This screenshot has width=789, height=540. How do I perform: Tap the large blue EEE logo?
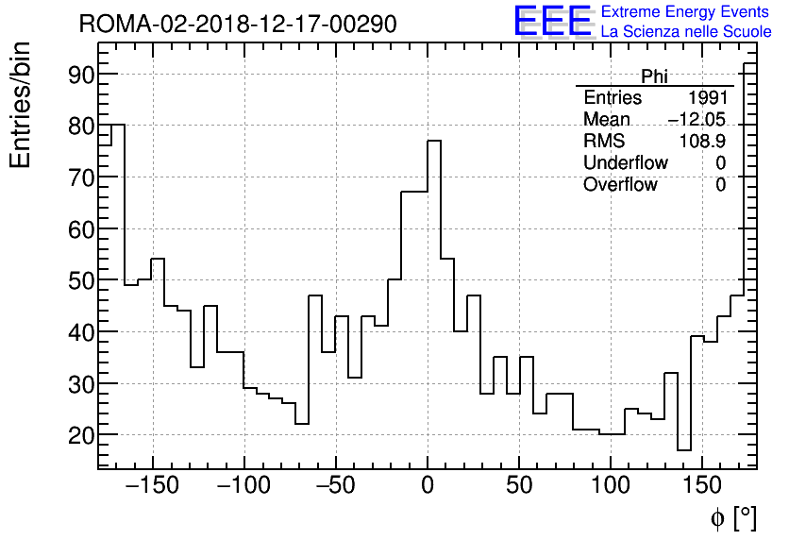tap(552, 22)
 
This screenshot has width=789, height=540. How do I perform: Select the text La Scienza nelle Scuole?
tap(686, 32)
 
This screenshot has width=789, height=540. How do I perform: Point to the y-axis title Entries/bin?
tap(20, 105)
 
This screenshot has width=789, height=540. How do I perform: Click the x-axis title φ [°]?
tap(733, 517)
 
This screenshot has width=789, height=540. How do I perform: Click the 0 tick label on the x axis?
tap(428, 486)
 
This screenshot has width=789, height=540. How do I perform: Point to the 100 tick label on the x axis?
tap(611, 486)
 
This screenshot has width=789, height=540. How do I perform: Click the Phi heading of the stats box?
tap(654, 76)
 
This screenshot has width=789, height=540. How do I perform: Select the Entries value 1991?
tap(707, 98)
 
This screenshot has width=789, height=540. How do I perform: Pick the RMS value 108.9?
tap(702, 142)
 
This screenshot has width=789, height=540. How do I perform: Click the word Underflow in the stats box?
tap(625, 163)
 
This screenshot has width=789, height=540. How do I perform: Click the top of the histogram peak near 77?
tap(434, 141)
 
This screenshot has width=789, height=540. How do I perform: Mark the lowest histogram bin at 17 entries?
tap(684, 450)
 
